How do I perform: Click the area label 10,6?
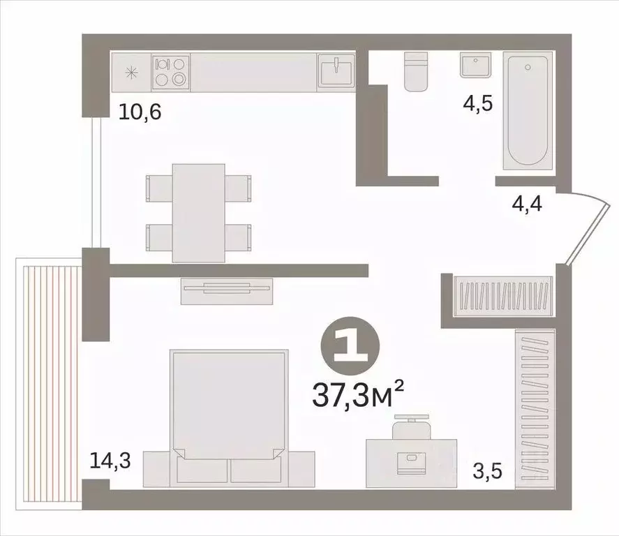(140, 112)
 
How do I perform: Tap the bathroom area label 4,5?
(477, 103)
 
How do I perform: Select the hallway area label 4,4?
(527, 204)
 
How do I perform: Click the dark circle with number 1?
(352, 345)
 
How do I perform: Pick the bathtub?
(529, 112)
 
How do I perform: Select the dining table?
(198, 212)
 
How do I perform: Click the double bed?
(229, 416)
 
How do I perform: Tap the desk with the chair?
(412, 458)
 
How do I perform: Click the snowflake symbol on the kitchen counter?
(130, 72)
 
